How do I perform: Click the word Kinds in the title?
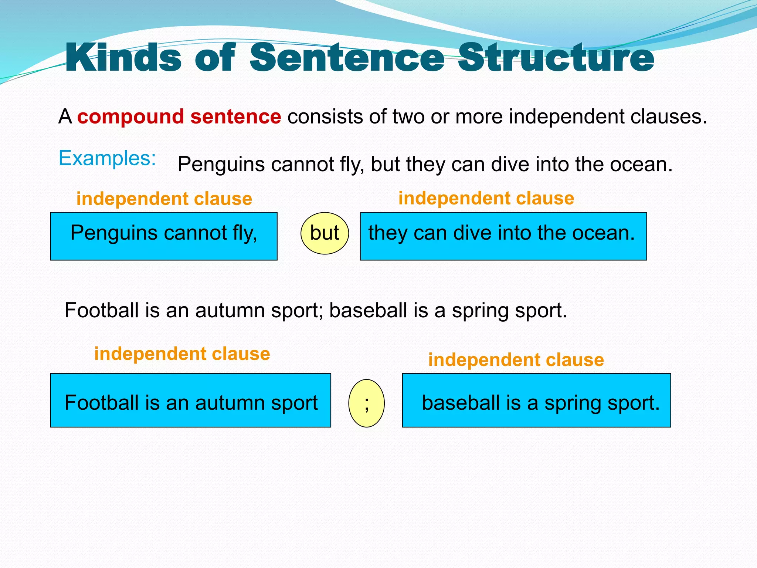coord(123,58)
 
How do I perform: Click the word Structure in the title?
coord(556,58)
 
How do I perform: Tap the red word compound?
coord(130,116)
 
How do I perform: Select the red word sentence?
coord(235,116)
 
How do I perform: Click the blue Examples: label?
coord(107,158)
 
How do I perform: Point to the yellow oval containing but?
coord(325,233)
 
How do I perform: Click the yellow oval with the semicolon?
coord(366,403)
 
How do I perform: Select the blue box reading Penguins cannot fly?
coord(164,236)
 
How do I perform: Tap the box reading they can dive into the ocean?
coord(503,236)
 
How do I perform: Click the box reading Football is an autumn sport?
coord(190,400)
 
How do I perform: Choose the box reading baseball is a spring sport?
coord(536,400)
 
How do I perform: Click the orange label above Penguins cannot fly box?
coord(164,199)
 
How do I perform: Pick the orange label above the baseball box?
coord(516,360)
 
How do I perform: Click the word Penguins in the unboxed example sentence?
coord(221,164)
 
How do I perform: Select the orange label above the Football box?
coord(182,354)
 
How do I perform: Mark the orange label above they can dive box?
coord(486,198)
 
